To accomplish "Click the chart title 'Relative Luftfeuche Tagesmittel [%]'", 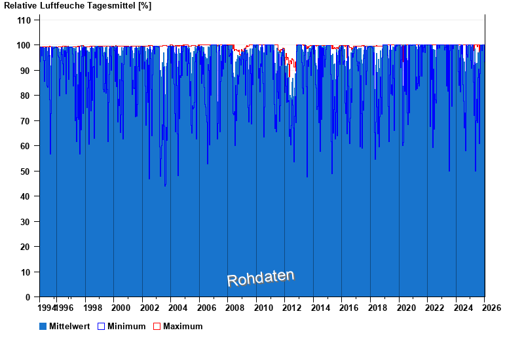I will click(78, 6).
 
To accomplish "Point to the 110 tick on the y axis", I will click(24, 20).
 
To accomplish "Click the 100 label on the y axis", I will click(24, 45).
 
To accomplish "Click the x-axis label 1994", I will click(47, 308).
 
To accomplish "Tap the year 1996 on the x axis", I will click(64, 308).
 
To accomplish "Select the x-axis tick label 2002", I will click(149, 308).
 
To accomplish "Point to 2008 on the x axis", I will click(235, 308).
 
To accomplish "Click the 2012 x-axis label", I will click(292, 308).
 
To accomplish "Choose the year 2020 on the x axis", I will click(407, 308).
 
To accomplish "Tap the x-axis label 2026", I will click(492, 308).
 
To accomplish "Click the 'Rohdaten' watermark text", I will click(261, 278).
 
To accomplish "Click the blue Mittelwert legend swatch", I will click(43, 326).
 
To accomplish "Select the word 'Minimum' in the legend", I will click(126, 326).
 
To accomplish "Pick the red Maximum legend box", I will click(157, 326).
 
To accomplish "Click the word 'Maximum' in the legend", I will click(183, 326).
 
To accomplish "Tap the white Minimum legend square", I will click(101, 326).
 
